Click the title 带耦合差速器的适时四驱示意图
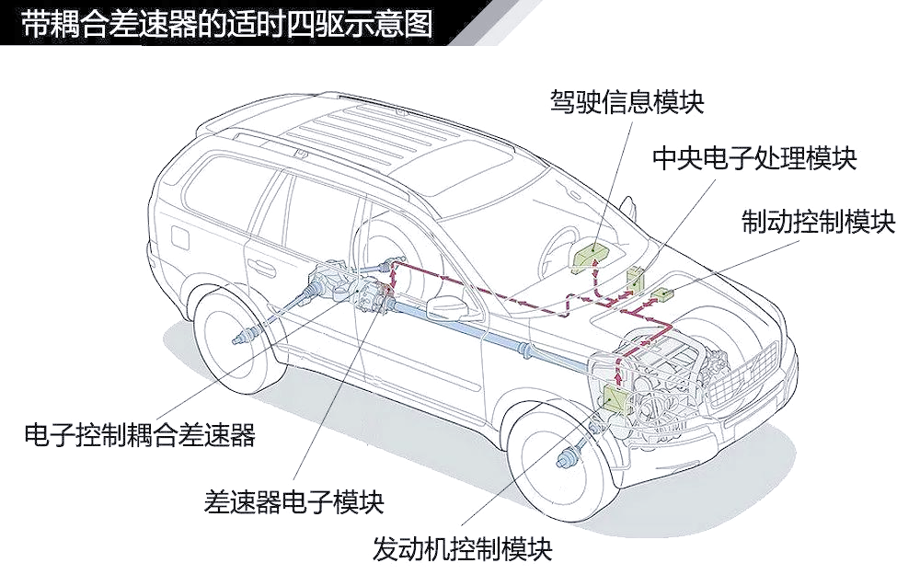point(227,24)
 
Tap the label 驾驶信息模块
point(627,101)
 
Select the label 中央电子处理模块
point(754,158)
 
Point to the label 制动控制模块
point(819,222)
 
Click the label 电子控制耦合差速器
point(140,435)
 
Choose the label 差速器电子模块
point(294,502)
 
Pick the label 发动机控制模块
point(463,549)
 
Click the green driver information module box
point(592,257)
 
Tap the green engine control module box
point(614,399)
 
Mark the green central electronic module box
point(636,278)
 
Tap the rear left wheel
point(239,339)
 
